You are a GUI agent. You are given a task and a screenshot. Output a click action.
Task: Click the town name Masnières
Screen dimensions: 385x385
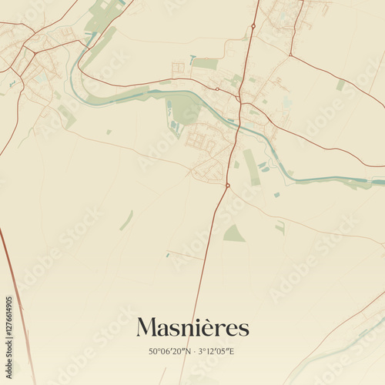pos(192,328)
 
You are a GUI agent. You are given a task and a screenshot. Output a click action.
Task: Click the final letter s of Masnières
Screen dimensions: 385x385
pos(245,330)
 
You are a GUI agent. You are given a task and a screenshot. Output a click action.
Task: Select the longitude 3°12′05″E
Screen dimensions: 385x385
pos(215,352)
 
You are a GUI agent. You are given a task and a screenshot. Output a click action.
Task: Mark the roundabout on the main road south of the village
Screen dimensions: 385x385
pos(228,185)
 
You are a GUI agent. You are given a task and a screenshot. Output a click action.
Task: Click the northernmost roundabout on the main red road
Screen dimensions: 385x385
pos(253,26)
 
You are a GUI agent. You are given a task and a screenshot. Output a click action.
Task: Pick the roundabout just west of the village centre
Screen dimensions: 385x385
pos(217,89)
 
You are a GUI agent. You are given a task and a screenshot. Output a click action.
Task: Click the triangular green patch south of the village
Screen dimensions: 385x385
pos(234,233)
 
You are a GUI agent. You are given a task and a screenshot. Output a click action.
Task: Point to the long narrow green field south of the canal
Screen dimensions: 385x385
pos(252,167)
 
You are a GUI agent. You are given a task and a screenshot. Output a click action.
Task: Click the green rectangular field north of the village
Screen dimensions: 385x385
pos(205,64)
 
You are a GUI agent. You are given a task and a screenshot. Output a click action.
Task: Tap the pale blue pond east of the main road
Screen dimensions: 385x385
pos(286,102)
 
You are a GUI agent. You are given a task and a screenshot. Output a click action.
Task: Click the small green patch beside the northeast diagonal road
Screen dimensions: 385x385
pos(340,85)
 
